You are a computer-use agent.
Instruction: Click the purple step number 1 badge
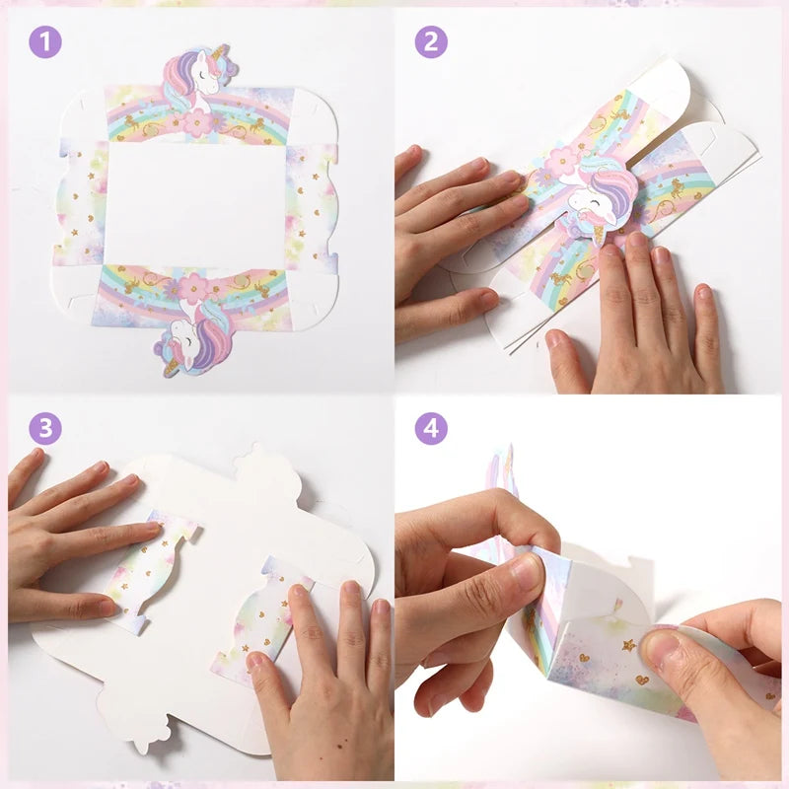(45, 42)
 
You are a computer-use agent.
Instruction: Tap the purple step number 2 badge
(431, 42)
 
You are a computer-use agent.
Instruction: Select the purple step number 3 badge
(45, 428)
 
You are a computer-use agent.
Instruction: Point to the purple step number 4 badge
(431, 428)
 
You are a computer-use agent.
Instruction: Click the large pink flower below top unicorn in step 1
(197, 122)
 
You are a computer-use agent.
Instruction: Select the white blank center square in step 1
(195, 204)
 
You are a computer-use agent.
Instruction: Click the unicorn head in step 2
(602, 193)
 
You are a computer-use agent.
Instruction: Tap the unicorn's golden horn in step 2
(602, 234)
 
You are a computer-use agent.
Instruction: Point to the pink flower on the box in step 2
(562, 162)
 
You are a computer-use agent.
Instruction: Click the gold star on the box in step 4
(628, 645)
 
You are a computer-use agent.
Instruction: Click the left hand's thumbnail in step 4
(525, 571)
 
